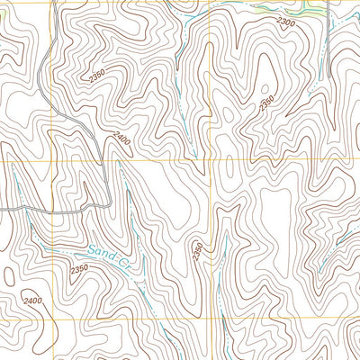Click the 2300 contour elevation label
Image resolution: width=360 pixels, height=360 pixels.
point(286,22)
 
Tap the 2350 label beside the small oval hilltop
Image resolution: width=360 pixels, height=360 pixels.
point(267,103)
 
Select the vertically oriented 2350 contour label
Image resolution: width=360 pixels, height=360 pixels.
point(197,252)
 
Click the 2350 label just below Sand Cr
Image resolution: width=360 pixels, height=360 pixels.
point(79,268)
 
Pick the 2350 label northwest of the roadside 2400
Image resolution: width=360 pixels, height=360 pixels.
point(98,79)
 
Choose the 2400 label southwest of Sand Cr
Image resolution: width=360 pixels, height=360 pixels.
point(32,301)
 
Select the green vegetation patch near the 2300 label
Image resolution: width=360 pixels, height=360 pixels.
point(310,12)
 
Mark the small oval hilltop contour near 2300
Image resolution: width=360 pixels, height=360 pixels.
point(266,89)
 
